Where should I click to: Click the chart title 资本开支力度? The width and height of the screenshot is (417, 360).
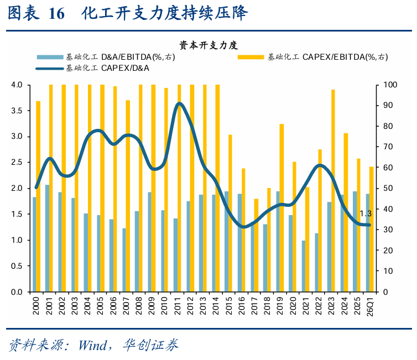[208, 45]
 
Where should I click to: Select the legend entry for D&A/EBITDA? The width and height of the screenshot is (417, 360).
[106, 57]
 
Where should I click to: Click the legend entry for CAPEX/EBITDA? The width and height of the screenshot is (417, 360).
[313, 57]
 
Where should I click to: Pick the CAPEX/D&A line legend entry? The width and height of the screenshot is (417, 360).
[92, 69]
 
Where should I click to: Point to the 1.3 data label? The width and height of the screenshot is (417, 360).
[366, 213]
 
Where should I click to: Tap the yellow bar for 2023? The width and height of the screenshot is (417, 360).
[333, 191]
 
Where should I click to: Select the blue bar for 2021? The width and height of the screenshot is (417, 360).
[304, 266]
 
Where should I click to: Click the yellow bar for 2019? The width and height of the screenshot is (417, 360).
[282, 208]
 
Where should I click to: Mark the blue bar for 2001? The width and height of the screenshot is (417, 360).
[47, 238]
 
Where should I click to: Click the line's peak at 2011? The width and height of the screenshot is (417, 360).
[180, 103]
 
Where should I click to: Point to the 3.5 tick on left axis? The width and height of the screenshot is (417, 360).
[17, 111]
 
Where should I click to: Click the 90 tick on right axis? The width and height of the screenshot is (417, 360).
[388, 105]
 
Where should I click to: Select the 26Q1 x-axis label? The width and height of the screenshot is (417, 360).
[370, 306]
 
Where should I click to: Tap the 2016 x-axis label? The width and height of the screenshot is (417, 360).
[242, 306]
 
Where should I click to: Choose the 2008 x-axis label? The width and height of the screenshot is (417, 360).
[139, 306]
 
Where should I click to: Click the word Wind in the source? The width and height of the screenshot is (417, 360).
[92, 346]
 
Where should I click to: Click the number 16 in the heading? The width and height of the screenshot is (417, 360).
[56, 13]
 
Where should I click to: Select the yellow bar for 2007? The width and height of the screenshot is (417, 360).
[128, 196]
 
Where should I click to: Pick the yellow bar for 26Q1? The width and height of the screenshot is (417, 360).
[372, 229]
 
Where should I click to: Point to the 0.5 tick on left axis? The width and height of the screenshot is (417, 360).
[17, 266]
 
